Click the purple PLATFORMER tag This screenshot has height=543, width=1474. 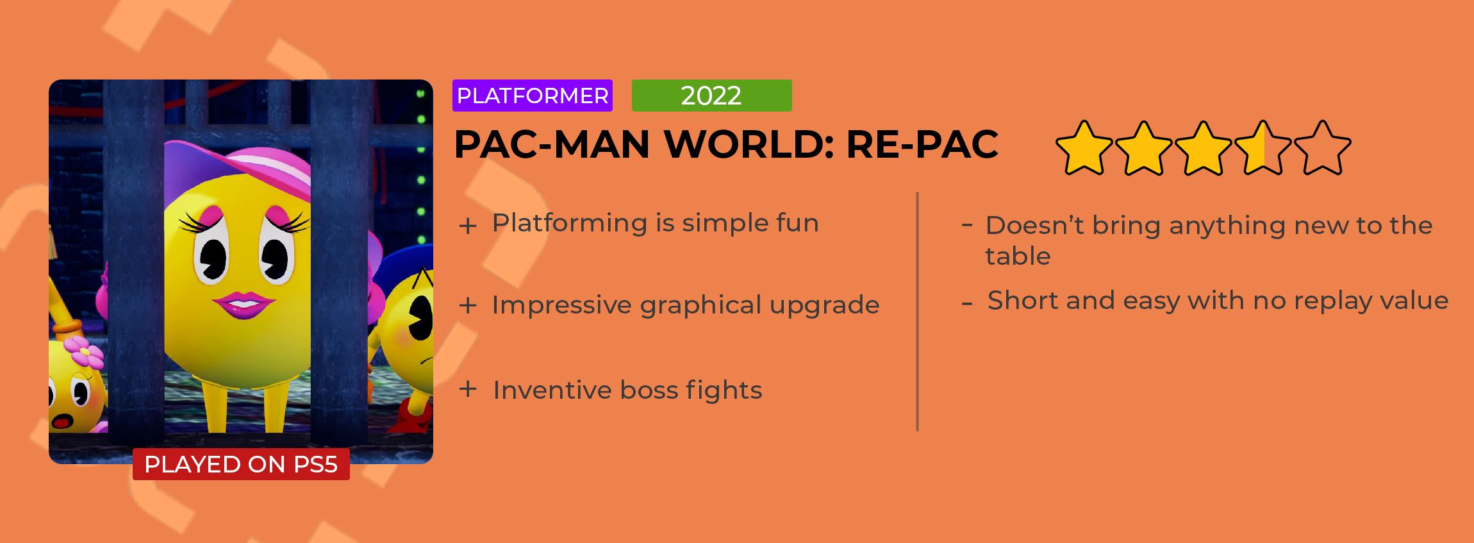(533, 96)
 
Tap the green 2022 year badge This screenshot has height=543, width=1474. (711, 96)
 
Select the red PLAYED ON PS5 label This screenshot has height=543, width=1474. (241, 464)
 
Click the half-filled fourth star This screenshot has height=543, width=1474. (1263, 147)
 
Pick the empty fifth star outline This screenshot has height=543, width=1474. (1323, 147)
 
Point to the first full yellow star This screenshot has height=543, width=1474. (1084, 147)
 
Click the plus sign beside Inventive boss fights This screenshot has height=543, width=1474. (468, 389)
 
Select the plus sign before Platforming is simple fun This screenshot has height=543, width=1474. (468, 226)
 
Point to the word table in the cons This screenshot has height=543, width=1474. (1018, 256)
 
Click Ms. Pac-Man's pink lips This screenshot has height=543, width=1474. (244, 305)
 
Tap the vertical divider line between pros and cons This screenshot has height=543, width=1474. (918, 312)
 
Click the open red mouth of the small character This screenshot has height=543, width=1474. (62, 421)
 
